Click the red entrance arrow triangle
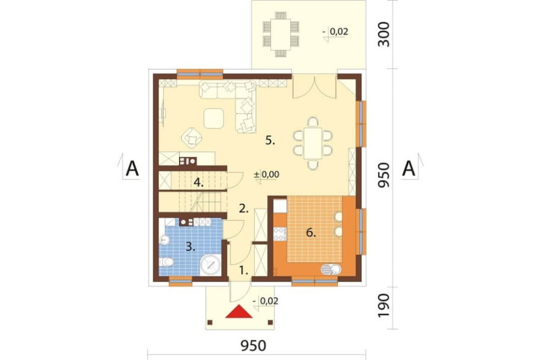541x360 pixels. click(239, 312)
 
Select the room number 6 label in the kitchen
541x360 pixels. click(311, 233)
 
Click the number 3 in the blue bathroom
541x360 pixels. click(190, 246)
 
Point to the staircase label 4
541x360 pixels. click(198, 182)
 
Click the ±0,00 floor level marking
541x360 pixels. click(266, 175)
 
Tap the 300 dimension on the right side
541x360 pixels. click(384, 35)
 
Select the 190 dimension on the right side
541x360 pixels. click(384, 306)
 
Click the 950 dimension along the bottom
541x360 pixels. click(253, 346)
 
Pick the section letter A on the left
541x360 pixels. click(132, 169)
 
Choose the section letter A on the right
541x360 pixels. click(409, 169)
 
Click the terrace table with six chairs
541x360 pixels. click(280, 34)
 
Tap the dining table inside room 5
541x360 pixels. click(313, 143)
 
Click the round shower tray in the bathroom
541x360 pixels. click(210, 265)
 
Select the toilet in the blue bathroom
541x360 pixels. click(166, 262)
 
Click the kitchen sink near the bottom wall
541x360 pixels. click(331, 269)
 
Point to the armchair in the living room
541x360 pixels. click(192, 138)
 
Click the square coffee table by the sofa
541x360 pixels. click(214, 118)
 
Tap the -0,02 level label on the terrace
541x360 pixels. click(335, 32)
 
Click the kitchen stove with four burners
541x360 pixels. click(280, 234)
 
